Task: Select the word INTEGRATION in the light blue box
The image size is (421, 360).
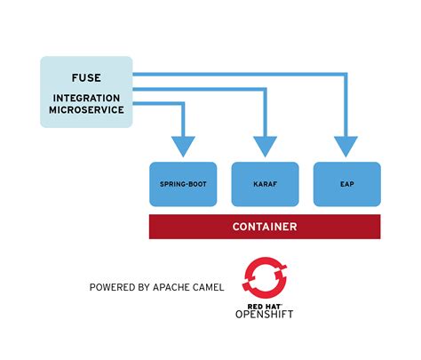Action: tap(85, 97)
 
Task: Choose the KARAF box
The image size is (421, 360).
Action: tap(265, 183)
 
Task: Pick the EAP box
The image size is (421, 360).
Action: tap(346, 183)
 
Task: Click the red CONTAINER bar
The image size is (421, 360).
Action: tap(265, 227)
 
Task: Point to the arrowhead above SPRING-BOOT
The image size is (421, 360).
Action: tap(183, 147)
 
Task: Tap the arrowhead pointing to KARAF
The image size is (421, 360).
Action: tap(265, 147)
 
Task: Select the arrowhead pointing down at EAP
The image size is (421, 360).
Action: tap(346, 147)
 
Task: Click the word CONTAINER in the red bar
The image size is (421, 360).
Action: tap(265, 227)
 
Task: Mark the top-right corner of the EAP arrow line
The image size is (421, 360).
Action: tap(346, 76)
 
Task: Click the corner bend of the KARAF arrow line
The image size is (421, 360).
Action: tap(265, 90)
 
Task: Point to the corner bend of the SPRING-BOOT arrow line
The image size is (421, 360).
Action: tap(183, 104)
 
